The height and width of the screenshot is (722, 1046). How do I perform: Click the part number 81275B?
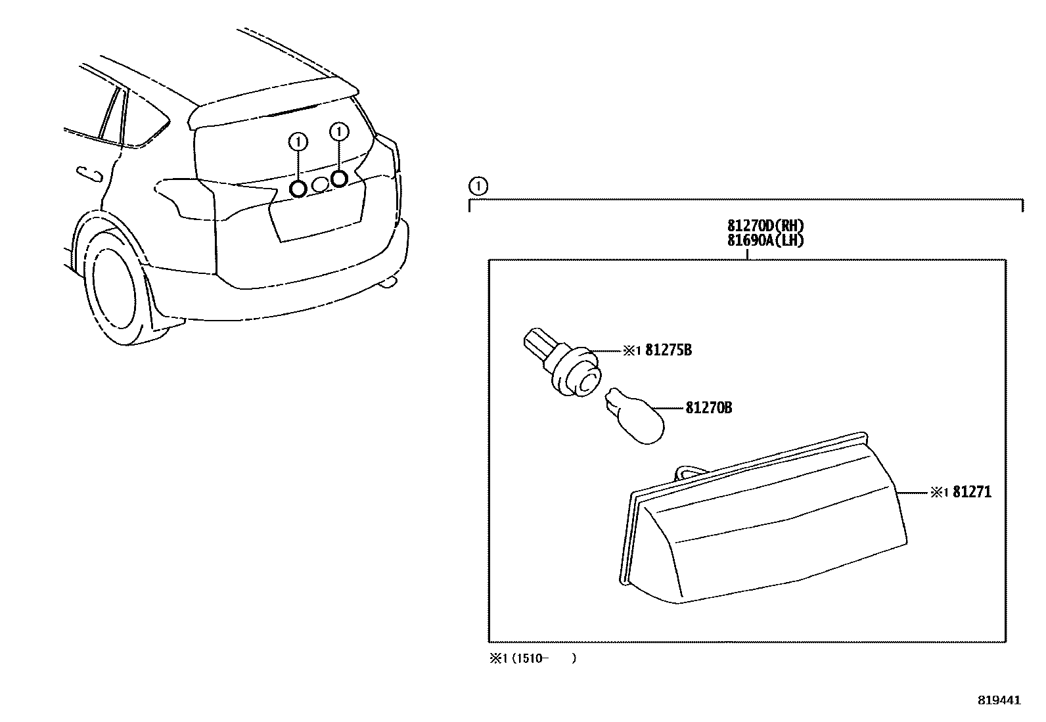click(668, 350)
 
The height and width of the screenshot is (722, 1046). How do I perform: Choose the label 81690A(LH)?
click(766, 241)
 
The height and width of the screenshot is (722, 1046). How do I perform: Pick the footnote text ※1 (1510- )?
click(532, 658)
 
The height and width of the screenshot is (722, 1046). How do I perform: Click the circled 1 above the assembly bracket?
click(479, 187)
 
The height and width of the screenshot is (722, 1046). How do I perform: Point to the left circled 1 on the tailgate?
click(298, 141)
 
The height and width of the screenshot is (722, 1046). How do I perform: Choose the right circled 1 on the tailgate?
click(338, 132)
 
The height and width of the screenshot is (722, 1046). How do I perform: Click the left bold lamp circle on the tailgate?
click(298, 189)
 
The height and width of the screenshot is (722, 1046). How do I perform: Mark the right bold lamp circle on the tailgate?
click(339, 178)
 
